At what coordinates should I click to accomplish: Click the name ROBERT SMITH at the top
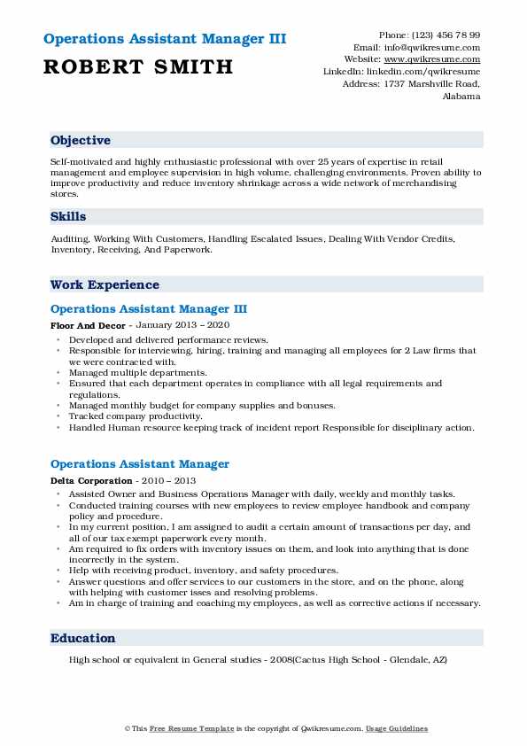tap(138, 66)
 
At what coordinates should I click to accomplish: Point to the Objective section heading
tap(81, 140)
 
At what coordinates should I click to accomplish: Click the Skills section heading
tap(68, 216)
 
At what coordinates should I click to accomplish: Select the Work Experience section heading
tap(105, 284)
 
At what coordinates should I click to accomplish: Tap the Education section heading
tap(83, 638)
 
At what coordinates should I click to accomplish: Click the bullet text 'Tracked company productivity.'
tap(123, 416)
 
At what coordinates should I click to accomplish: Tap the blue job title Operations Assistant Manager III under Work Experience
tap(149, 309)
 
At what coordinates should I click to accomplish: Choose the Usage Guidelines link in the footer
tap(397, 728)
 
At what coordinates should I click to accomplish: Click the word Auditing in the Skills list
tap(69, 239)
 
